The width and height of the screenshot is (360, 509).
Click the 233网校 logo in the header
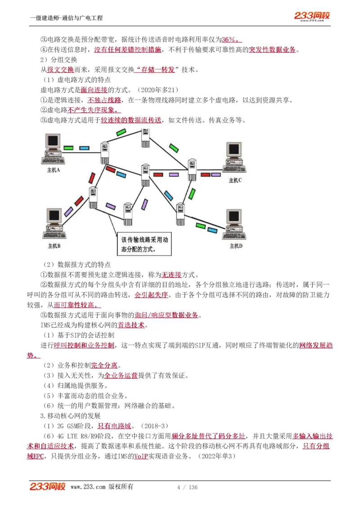(312, 16)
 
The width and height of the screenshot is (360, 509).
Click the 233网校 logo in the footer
(47, 487)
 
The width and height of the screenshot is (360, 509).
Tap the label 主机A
(54, 171)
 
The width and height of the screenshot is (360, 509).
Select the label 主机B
(54, 246)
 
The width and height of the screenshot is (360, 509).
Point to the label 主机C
(235, 180)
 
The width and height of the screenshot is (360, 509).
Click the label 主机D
(236, 246)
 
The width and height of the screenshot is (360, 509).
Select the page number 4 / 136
(187, 487)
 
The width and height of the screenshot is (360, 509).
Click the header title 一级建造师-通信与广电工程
(66, 18)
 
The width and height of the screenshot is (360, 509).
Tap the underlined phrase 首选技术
(131, 325)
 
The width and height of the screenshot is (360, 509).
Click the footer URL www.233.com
(88, 487)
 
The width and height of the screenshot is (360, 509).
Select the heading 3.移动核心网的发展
(70, 415)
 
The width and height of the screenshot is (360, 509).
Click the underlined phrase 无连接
(171, 274)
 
